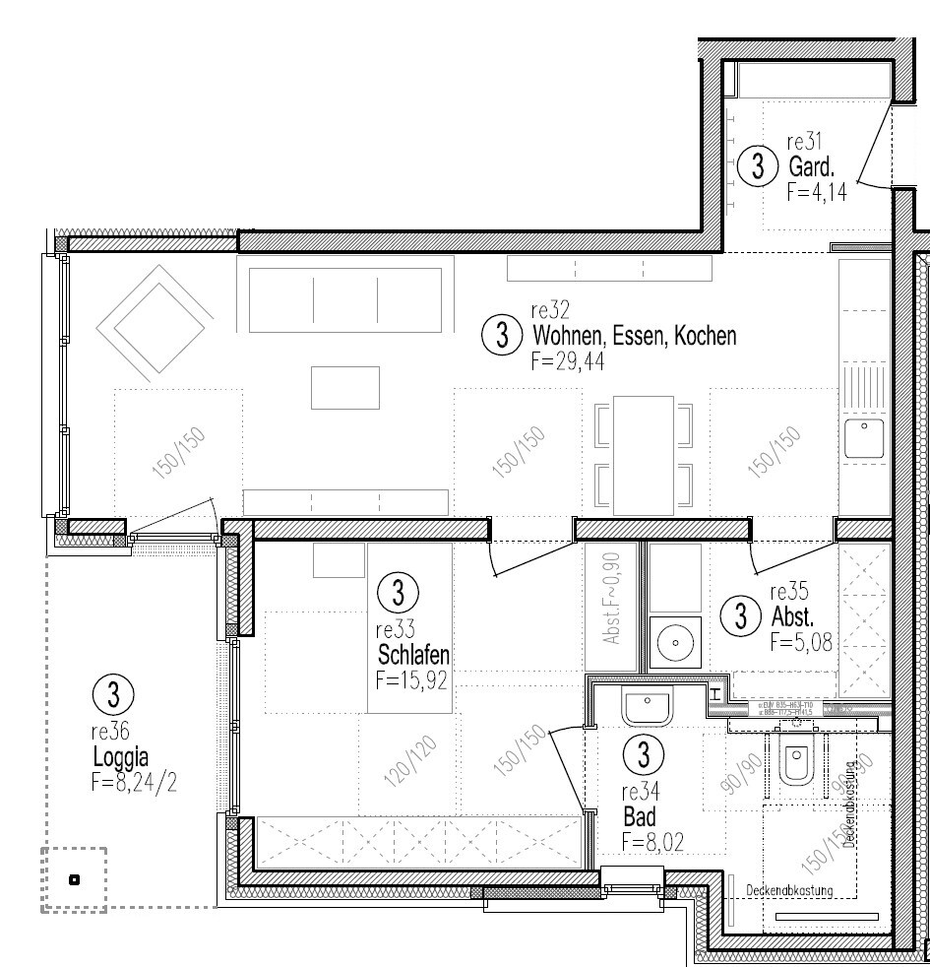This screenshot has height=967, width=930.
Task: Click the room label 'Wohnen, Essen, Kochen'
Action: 633,336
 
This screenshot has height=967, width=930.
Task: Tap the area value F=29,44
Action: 566,361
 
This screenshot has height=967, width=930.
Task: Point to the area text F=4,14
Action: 817,193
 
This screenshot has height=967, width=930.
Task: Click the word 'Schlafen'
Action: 414,655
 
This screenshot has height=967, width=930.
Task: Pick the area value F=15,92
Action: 411,678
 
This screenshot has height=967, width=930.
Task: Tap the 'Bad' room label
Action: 639,816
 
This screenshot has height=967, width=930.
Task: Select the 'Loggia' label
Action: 120,757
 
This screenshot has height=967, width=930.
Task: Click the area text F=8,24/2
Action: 133,783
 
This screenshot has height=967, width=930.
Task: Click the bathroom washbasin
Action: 647,708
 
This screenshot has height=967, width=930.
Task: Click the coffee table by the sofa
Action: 344,387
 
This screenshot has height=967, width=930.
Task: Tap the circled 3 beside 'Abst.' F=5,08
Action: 740,617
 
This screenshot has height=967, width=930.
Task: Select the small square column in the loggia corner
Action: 74,879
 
